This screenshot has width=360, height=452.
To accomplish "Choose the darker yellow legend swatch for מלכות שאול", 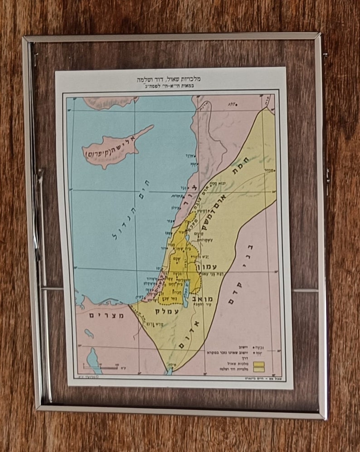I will pyautogui.click(x=259, y=362).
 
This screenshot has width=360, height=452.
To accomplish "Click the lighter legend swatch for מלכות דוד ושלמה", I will pyautogui.click(x=259, y=369).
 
